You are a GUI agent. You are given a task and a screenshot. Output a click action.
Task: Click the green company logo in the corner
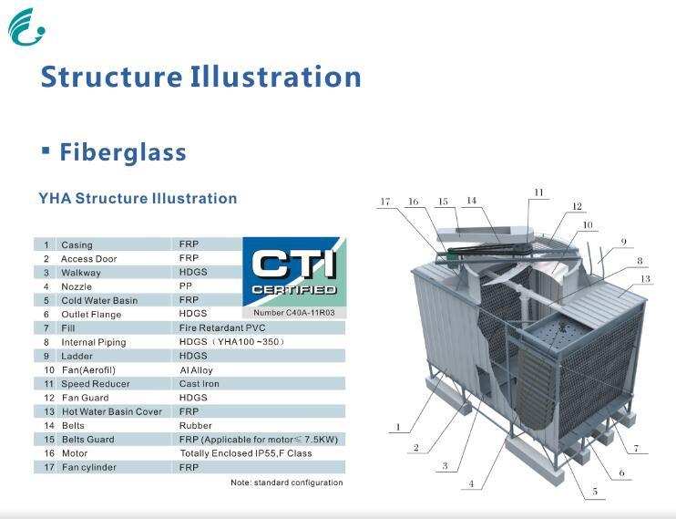pos(25,26)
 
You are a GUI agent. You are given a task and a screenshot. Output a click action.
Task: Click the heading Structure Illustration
pos(200,77)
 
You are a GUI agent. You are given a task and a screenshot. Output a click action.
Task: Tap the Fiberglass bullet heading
pos(122,152)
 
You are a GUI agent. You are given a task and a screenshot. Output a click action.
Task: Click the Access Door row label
pos(88,259)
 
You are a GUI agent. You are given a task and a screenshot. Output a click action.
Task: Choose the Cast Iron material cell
pos(199,384)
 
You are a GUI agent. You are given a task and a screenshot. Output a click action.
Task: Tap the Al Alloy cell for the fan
pos(197,370)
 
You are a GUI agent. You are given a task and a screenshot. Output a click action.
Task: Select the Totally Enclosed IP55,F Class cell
pos(245,453)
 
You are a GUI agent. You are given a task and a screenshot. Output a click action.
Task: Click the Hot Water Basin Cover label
pos(111,411)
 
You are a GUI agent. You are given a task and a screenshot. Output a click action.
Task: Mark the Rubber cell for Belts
pos(195,425)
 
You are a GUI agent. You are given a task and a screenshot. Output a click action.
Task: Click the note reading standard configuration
pos(286,483)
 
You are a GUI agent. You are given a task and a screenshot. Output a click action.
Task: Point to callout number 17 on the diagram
pos(385,202)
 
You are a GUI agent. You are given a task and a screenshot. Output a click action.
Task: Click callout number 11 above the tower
pos(538,192)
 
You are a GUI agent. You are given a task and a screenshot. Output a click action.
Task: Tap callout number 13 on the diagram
pos(645,278)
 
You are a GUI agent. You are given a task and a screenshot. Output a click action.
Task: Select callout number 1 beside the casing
pos(397,426)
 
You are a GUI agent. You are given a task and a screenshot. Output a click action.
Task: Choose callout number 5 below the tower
pos(594,492)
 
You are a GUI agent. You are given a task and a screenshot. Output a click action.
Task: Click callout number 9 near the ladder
pos(623,242)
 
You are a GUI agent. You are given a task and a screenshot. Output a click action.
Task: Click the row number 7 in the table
pos(46,328)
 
